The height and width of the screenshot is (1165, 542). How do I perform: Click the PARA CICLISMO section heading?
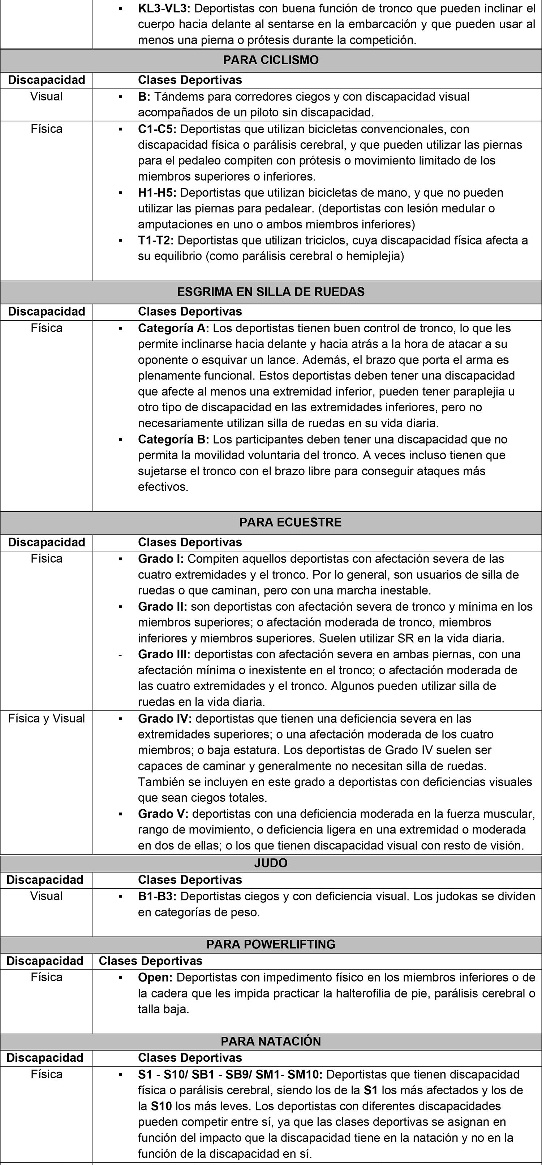point(271,60)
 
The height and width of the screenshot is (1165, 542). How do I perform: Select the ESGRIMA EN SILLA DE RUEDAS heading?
point(271,292)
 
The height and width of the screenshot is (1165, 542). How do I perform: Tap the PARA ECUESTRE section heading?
point(290,522)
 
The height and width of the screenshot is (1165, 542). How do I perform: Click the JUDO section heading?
point(271,863)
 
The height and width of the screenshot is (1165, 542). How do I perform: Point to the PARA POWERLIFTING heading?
point(271,944)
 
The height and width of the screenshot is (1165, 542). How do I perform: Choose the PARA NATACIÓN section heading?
point(271,1041)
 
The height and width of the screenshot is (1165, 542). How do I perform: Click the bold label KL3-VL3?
point(165,8)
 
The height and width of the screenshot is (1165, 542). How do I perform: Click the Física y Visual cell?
point(47,718)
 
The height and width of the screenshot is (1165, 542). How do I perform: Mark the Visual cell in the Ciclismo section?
point(47,96)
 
